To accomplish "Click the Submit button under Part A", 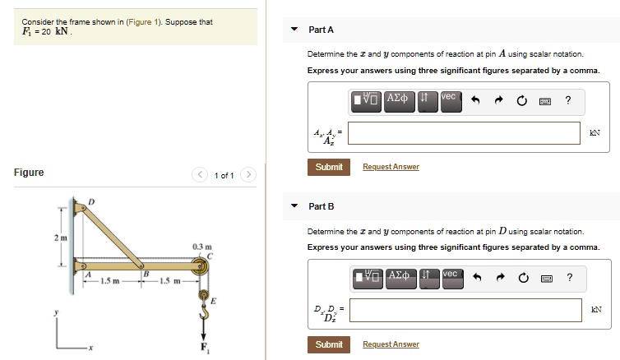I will point(329,167).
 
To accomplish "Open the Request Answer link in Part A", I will point(391,167).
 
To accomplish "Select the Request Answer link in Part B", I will point(391,344).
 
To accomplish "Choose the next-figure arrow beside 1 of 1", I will point(249,175).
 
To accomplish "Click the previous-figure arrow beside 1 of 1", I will point(201,175).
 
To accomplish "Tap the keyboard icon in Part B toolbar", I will point(544,279).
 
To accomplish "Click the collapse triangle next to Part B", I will point(294,205).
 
